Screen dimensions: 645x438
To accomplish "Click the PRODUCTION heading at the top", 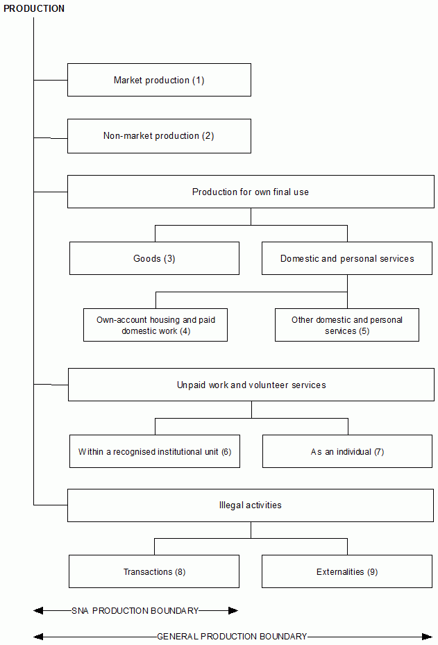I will [34, 9].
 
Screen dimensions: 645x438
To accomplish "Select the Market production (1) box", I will [159, 80].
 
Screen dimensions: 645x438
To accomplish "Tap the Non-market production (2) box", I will [159, 136].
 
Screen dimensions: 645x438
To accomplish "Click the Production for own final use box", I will [251, 192].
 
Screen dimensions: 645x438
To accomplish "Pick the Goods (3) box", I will [154, 258].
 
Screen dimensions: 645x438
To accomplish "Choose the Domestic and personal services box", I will [347, 258].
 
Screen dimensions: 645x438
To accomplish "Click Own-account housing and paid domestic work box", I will [155, 325].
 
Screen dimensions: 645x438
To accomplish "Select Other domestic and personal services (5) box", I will [347, 325].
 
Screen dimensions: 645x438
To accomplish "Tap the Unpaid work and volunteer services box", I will [251, 385].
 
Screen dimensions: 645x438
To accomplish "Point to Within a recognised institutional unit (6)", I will [155, 451].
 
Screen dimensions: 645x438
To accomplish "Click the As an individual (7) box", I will [347, 451].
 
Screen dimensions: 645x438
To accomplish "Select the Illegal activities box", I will [251, 505].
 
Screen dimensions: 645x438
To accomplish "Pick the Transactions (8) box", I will [154, 571].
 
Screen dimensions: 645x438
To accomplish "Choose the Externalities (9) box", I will [347, 571].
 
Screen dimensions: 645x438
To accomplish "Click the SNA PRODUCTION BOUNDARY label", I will [135, 611].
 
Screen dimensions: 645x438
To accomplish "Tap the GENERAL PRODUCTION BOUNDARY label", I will [232, 636].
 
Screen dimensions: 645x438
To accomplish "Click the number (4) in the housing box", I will [185, 331].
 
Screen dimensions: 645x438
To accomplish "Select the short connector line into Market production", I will [51, 80].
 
